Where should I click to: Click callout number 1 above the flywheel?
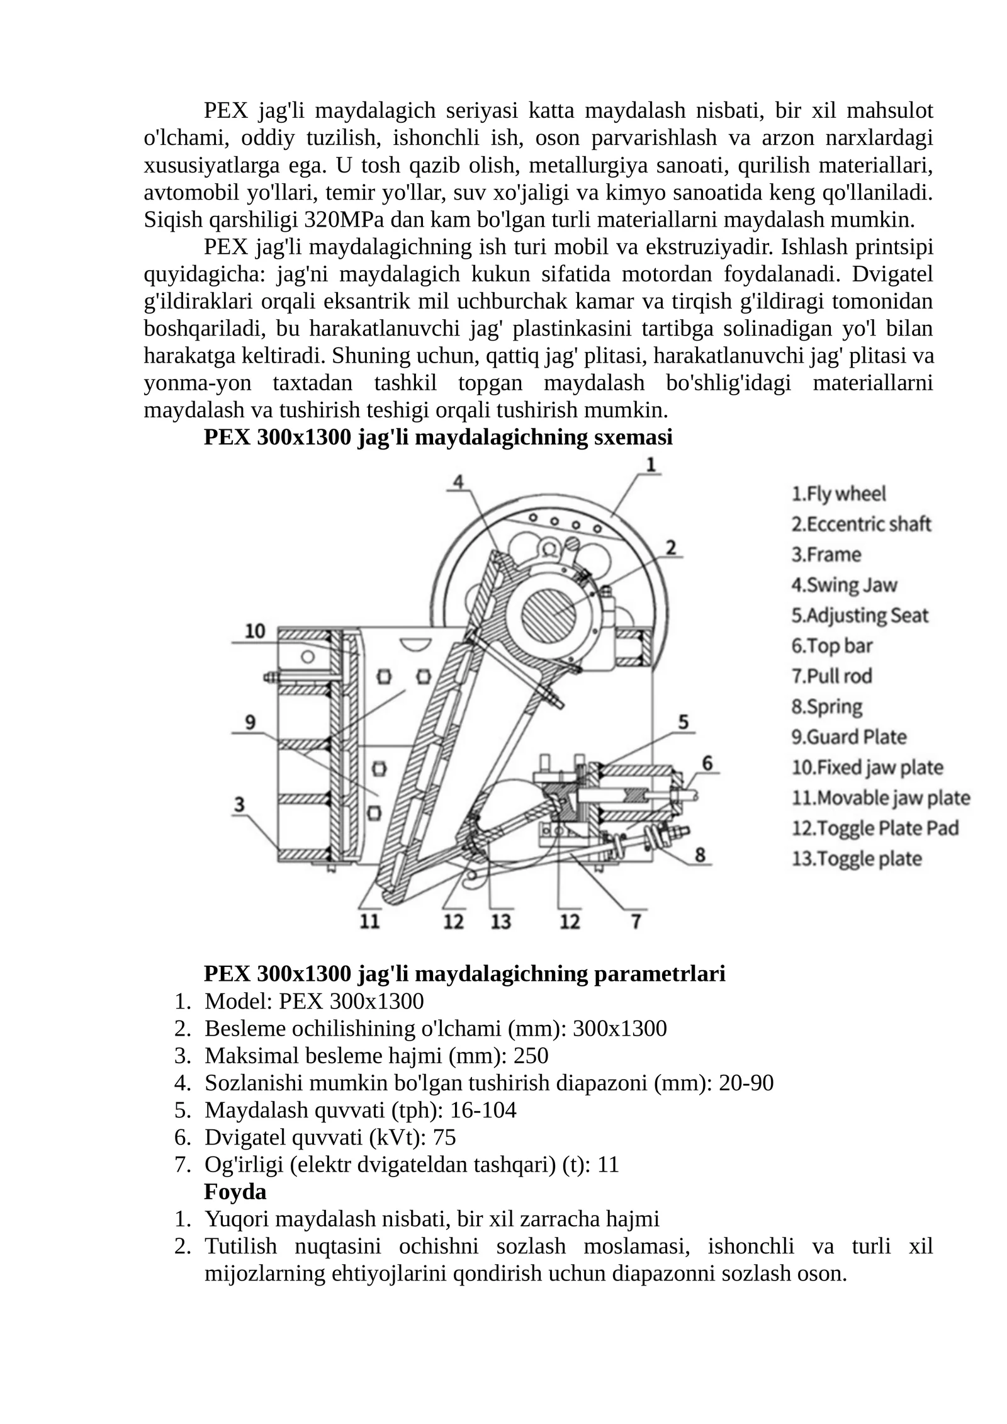click(x=651, y=465)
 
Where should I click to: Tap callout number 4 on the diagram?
click(x=459, y=482)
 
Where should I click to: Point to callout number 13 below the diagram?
click(x=501, y=922)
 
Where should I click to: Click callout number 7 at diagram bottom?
click(x=636, y=922)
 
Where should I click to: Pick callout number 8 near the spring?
click(x=699, y=856)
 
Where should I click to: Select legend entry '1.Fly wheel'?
click(x=838, y=494)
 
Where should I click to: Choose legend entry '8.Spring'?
click(x=826, y=707)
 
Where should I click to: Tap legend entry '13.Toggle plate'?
click(x=856, y=859)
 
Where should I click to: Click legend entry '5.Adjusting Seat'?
click(x=860, y=616)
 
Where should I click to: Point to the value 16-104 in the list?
click(x=483, y=1110)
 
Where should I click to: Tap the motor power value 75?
click(x=444, y=1138)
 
